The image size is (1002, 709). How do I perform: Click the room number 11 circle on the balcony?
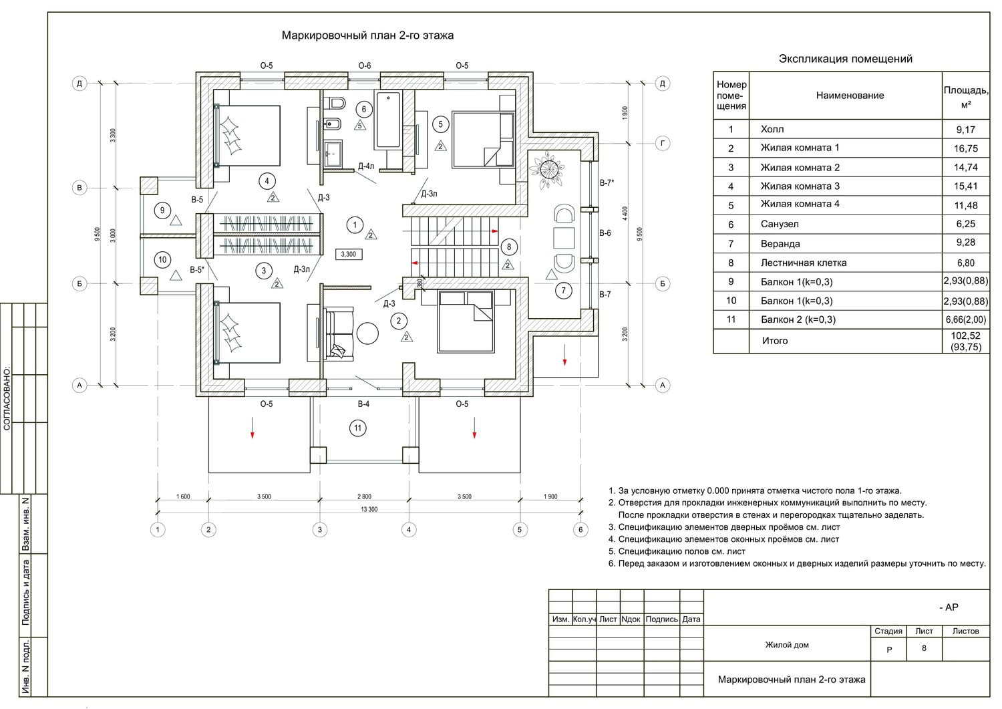[x=358, y=428]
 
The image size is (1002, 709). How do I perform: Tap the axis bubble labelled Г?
[x=663, y=143]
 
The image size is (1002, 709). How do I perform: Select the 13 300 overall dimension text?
[x=369, y=509]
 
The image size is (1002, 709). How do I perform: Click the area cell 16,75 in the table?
[x=965, y=148]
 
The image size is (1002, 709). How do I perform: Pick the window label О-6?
[x=364, y=65]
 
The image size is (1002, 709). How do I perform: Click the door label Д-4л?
[x=365, y=166]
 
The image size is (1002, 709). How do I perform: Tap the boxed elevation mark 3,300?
[x=348, y=254]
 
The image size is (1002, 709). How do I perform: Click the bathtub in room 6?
[x=387, y=120]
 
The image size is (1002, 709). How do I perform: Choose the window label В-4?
[x=363, y=404]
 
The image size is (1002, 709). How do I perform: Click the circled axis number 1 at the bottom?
[x=158, y=530]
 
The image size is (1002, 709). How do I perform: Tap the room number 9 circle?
[x=162, y=210]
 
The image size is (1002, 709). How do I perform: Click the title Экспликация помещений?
[x=845, y=59]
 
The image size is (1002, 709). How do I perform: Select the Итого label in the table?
[x=775, y=341]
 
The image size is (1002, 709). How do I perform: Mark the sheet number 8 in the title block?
[x=924, y=648]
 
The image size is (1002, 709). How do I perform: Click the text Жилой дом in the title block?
[x=787, y=645]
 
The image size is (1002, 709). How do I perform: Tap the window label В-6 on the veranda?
[x=605, y=233]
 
